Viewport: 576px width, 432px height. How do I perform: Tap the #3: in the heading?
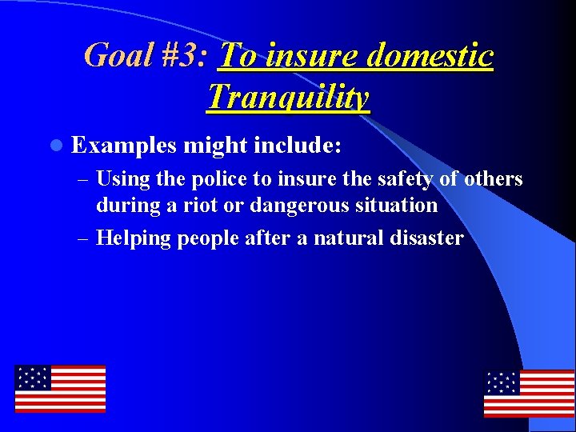[184, 56]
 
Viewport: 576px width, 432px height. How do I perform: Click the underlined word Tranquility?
[288, 97]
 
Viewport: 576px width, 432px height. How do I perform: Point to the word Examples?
[123, 146]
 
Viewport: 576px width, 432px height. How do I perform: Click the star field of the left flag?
[33, 378]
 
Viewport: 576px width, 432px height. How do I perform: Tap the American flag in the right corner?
[529, 393]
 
